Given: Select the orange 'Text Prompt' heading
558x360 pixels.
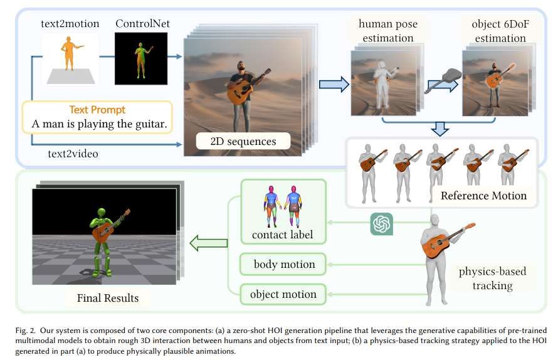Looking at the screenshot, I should point(97,109).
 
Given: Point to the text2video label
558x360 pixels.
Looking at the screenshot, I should point(73,152).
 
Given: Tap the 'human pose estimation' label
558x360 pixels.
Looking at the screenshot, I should point(386,31).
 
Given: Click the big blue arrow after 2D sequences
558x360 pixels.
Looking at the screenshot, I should point(334,85).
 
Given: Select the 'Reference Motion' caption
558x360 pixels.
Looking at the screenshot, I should point(483,195).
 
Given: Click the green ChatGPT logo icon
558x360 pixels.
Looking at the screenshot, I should point(381,223).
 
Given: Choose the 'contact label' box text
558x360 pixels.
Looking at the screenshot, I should point(283,235).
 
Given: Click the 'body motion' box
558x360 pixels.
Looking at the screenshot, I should point(283,264).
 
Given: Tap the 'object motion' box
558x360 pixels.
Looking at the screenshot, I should point(283,294).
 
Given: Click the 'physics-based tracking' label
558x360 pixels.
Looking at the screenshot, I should point(492,278).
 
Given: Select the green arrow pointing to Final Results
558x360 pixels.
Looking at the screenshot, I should point(209,242).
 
